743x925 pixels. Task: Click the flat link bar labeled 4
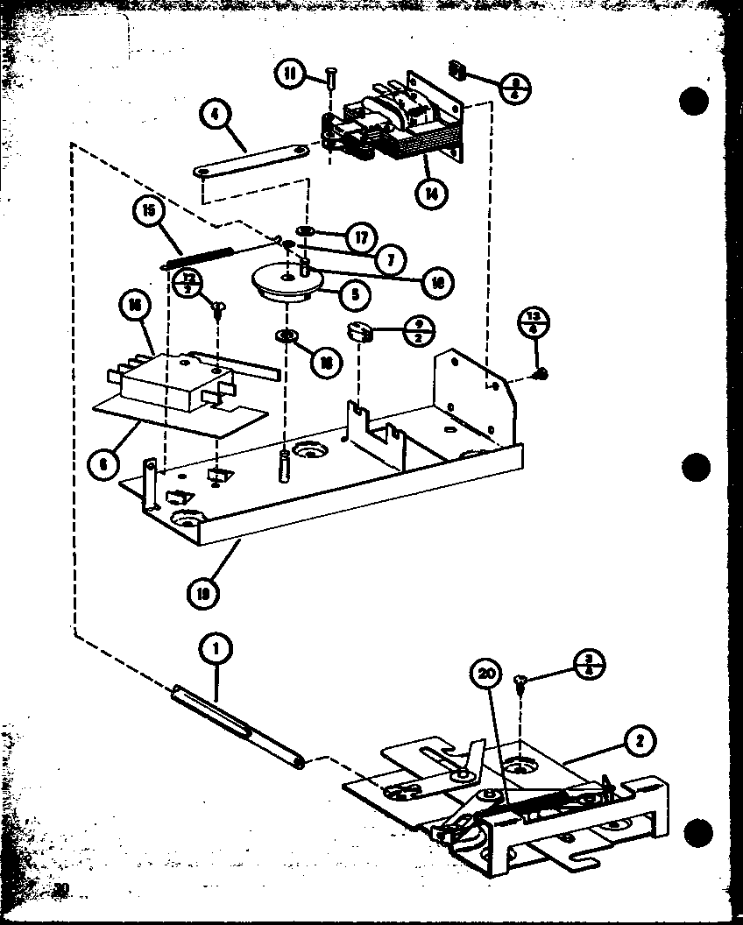point(251,159)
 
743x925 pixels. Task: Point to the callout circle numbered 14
point(429,194)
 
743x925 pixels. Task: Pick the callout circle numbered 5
point(355,295)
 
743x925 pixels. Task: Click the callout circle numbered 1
point(216,648)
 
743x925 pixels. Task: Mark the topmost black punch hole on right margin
point(693,101)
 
